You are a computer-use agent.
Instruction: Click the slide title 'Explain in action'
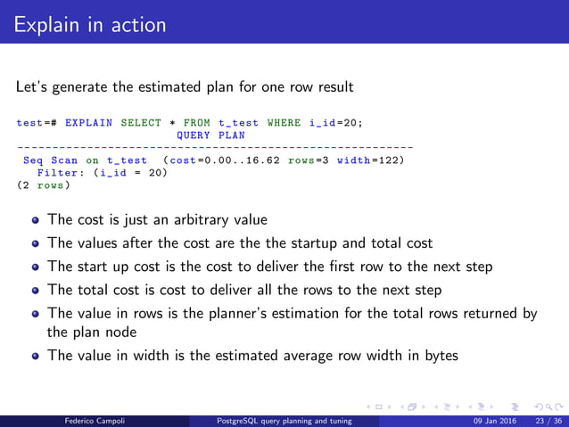tap(90, 24)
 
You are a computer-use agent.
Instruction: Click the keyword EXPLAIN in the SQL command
tap(89, 123)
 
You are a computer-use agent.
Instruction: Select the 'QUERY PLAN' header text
tap(210, 135)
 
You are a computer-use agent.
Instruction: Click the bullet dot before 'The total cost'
tap(35, 291)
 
